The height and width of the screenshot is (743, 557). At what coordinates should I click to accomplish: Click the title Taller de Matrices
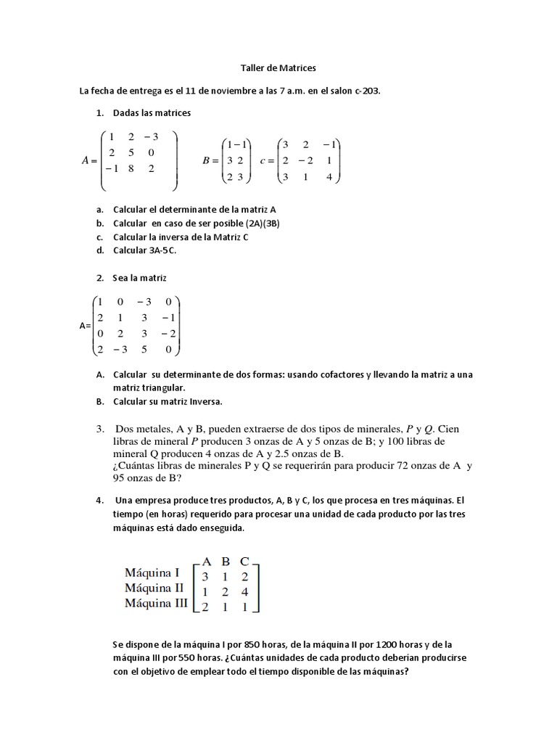pos(278,68)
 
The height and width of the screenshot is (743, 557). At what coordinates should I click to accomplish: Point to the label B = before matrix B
pos(211,161)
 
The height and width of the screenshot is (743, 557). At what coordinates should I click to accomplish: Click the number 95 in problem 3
pos(121,478)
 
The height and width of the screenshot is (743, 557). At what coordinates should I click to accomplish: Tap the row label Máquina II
pos(155,587)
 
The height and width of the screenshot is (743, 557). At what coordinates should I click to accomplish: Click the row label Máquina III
pos(157,603)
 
